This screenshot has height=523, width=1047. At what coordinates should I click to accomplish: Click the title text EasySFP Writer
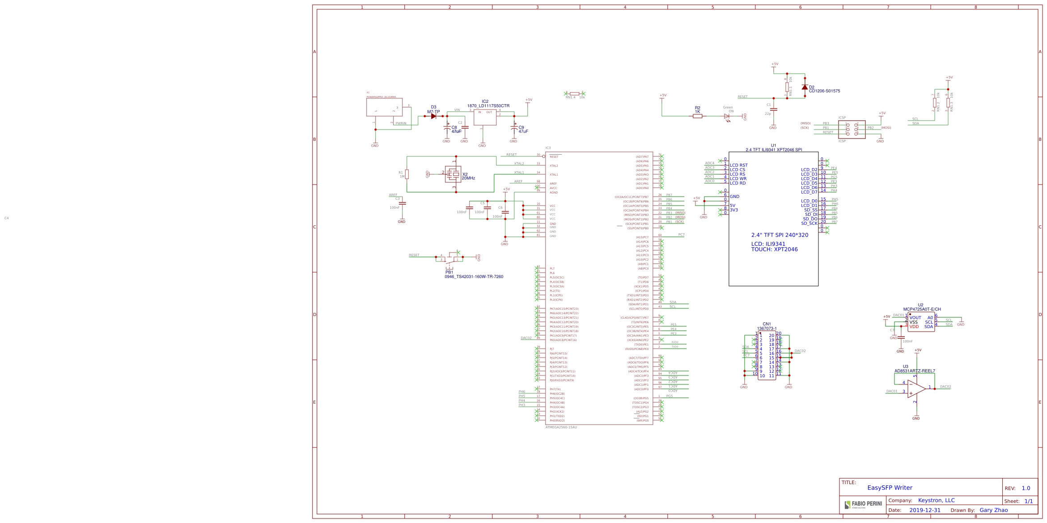pyautogui.click(x=890, y=488)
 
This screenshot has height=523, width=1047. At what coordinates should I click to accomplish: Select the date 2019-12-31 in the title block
pyautogui.click(x=924, y=510)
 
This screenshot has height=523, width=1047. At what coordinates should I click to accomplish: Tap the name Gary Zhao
pyautogui.click(x=993, y=510)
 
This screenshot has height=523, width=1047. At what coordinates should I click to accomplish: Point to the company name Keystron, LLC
pyautogui.click(x=936, y=500)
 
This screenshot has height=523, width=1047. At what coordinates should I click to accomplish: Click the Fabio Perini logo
pyautogui.click(x=863, y=505)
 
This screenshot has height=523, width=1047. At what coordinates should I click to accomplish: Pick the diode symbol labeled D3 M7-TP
pyautogui.click(x=433, y=116)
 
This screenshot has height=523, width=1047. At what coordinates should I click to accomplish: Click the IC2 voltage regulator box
pyautogui.click(x=485, y=117)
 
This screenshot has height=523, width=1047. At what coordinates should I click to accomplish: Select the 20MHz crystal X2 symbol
pyautogui.click(x=454, y=174)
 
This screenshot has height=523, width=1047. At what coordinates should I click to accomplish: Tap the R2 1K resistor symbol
pyautogui.click(x=697, y=116)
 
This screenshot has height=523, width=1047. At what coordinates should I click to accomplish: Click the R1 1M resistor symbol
pyautogui.click(x=407, y=174)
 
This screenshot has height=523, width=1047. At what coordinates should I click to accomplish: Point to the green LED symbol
pyautogui.click(x=727, y=116)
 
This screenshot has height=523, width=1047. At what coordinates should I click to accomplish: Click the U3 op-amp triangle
pyautogui.click(x=916, y=389)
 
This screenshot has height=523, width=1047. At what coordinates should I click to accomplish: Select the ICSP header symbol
pyautogui.click(x=852, y=130)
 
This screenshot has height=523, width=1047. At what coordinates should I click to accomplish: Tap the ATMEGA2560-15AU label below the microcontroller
pyautogui.click(x=561, y=427)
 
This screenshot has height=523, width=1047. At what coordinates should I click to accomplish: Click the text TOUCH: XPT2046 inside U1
pyautogui.click(x=774, y=249)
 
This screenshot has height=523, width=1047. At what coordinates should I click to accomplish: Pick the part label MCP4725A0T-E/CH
pyautogui.click(x=922, y=309)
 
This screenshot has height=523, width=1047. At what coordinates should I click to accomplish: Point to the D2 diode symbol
pyautogui.click(x=805, y=87)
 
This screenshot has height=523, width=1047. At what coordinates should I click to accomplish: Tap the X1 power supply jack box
pyautogui.click(x=384, y=107)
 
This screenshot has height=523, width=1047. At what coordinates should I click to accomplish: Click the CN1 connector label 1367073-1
pyautogui.click(x=767, y=329)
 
